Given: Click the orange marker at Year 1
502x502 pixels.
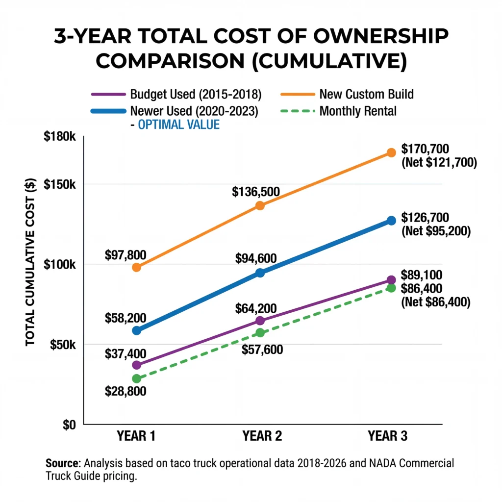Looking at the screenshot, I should (x=136, y=267).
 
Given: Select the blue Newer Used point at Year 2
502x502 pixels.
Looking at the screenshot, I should (x=260, y=273).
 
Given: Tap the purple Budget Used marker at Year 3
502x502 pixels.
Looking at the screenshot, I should (x=391, y=280).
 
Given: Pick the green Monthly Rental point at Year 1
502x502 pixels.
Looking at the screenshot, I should (x=136, y=378).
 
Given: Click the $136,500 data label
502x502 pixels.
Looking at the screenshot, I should (x=256, y=191).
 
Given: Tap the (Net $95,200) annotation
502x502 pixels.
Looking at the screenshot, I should (x=436, y=231).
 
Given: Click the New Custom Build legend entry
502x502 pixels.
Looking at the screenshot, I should (x=367, y=94).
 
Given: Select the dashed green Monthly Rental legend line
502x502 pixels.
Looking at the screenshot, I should (x=297, y=111).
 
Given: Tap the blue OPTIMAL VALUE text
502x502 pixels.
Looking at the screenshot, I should (x=178, y=125).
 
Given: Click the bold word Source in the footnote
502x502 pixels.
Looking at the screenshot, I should (x=62, y=463).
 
